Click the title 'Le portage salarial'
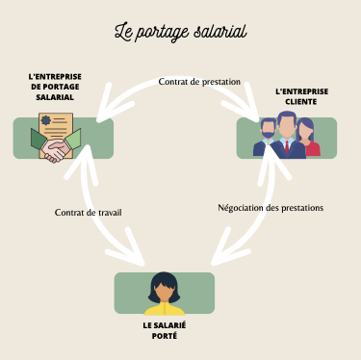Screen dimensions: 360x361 (x=180, y=31)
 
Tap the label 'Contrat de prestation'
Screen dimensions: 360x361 (x=199, y=82)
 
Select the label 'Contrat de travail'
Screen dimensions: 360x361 (x=89, y=212)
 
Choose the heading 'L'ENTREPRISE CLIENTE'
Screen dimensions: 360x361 (x=301, y=97)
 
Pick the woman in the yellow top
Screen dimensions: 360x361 (x=164, y=295)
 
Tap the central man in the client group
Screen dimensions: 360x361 (x=286, y=136)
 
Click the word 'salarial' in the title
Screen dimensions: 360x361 (x=218, y=31)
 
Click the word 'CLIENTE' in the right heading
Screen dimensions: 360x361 (x=301, y=103)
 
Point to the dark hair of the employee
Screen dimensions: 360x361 (x=164, y=281)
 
